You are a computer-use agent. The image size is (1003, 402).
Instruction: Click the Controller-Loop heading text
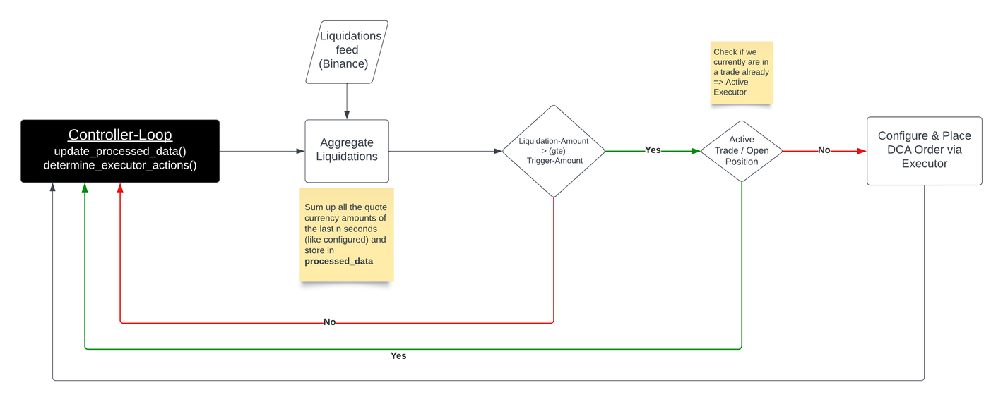click(x=120, y=135)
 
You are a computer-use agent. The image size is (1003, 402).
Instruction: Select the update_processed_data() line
click(x=120, y=152)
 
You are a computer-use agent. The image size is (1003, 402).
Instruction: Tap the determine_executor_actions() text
click(x=120, y=166)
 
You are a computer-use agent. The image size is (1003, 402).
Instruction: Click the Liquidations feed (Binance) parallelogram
click(x=347, y=50)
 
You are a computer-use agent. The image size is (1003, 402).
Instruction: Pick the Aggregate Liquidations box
click(x=347, y=150)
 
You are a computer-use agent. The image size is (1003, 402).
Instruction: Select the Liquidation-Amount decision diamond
click(x=554, y=151)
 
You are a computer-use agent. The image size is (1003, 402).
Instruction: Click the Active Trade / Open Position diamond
click(x=742, y=151)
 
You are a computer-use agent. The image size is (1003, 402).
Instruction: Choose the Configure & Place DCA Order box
click(x=924, y=150)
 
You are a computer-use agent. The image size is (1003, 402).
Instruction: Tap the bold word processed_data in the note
click(x=339, y=262)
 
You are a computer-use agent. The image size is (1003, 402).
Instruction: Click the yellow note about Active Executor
click(x=742, y=72)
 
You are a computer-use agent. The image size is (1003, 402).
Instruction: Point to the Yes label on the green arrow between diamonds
click(x=653, y=150)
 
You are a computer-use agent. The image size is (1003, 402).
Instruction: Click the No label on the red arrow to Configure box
click(x=824, y=150)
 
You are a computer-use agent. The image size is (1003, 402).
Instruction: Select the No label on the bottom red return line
click(x=329, y=322)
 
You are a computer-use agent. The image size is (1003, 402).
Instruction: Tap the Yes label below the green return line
click(x=398, y=356)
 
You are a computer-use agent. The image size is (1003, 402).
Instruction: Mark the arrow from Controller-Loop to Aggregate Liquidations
click(x=261, y=151)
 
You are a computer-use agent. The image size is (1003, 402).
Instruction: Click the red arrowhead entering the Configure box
click(x=862, y=151)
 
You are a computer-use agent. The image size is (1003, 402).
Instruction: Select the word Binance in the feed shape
click(x=343, y=64)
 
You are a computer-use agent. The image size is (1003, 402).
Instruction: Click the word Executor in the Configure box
click(x=924, y=164)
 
